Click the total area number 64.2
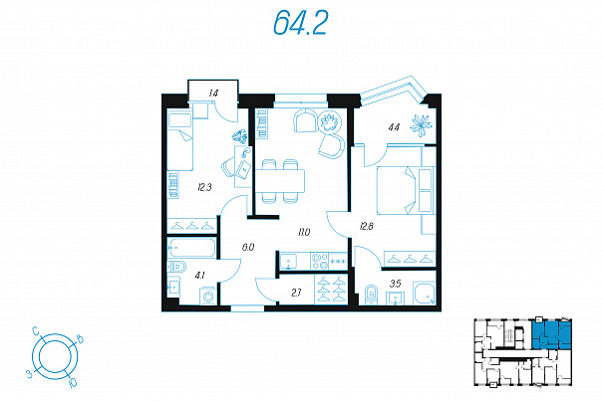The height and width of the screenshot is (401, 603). (x=300, y=23)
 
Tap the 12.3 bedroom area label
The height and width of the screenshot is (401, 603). (x=204, y=188)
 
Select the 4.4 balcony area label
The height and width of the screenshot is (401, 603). (x=394, y=127)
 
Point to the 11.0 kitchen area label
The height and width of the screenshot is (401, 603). (x=303, y=232)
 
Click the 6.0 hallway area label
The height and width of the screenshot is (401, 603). (x=248, y=248)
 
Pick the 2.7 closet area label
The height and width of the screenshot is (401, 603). (x=296, y=294)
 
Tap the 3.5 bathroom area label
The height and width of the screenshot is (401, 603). (x=396, y=284)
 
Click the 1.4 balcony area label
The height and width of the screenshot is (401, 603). (x=213, y=93)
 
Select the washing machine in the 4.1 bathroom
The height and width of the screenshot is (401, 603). (x=208, y=297)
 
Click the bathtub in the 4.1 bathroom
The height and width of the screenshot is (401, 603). (x=192, y=248)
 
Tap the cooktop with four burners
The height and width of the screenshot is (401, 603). (x=319, y=261)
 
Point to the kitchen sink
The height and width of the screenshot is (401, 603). (x=288, y=261)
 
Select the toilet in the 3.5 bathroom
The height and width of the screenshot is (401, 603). (x=371, y=295)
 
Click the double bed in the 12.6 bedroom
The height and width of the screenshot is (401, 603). (x=406, y=190)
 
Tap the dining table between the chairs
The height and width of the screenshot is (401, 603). (x=280, y=180)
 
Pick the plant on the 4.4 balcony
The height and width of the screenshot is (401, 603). (x=421, y=125)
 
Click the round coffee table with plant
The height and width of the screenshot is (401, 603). (x=330, y=121)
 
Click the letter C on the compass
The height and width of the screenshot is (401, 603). (x=36, y=330)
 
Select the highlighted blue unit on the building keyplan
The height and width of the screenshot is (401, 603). (x=551, y=333)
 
